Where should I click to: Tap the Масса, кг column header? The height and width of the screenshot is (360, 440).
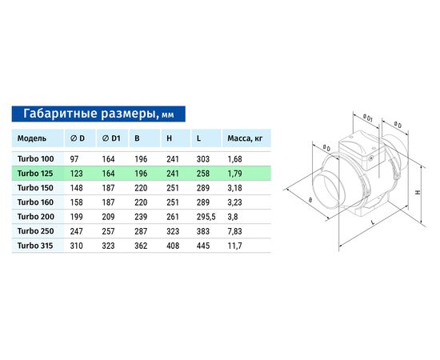[245, 138]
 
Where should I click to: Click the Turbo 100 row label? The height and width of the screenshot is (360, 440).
[35, 158]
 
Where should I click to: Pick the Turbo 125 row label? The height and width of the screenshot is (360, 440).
[35, 173]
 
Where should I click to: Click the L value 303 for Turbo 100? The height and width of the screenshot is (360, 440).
[202, 158]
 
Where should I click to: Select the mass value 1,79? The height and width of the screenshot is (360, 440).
[234, 173]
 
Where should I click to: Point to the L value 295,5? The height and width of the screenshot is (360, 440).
[206, 216]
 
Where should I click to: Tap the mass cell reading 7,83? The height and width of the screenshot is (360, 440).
[234, 230]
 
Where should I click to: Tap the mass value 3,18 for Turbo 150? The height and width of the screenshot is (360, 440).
[234, 187]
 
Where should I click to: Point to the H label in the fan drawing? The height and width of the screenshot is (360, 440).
[418, 192]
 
